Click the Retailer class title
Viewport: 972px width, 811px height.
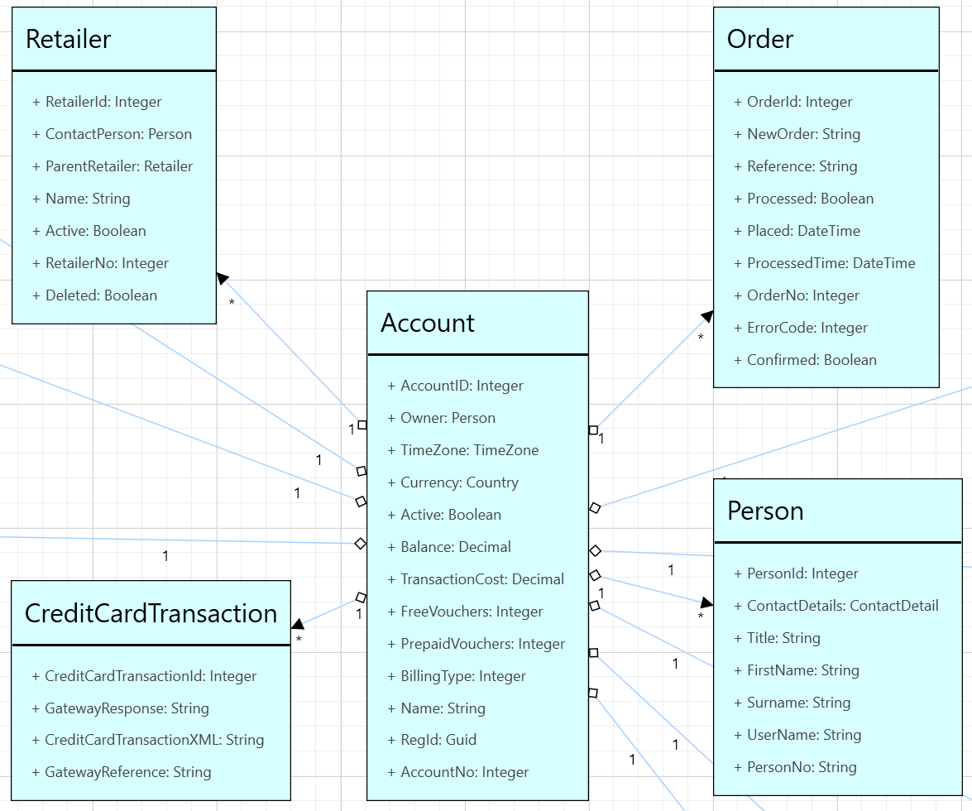coord(69,39)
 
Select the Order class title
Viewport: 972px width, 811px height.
coord(760,39)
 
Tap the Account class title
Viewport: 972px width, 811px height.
coord(428,323)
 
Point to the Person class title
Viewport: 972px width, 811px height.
coord(765,511)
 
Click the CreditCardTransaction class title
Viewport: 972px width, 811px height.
coord(151,613)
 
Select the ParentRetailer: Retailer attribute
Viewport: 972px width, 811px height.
coord(113,166)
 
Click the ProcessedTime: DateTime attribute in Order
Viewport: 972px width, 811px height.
coord(824,263)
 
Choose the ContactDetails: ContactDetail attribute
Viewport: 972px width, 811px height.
coord(836,606)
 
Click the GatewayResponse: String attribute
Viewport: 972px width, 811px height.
coord(120,708)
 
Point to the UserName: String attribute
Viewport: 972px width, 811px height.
coord(797,735)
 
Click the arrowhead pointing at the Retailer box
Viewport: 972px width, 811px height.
coord(222,277)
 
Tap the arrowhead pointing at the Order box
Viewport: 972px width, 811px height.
coord(707,316)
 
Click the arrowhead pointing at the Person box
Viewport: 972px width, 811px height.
coord(706,602)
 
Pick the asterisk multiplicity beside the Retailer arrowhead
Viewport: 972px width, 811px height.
coord(232,304)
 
